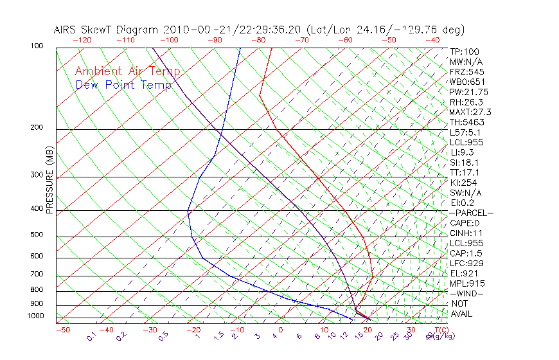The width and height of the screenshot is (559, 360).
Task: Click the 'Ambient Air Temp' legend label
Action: click(127, 71)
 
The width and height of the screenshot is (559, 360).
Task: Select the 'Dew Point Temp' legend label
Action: click(123, 85)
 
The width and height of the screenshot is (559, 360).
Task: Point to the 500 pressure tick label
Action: click(37, 235)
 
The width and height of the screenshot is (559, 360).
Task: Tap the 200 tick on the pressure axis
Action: click(37, 127)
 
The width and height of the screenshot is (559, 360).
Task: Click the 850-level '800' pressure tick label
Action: click(37, 289)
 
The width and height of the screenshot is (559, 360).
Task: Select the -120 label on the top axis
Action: click(82, 40)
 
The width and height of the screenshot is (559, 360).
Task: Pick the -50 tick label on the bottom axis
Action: click(62, 330)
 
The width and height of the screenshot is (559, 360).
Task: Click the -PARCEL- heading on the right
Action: click(471, 213)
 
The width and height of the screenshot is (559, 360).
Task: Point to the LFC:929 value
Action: click(466, 263)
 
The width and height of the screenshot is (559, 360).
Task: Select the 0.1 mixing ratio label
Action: click(91, 336)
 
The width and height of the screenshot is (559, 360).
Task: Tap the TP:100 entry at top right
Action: click(465, 51)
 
